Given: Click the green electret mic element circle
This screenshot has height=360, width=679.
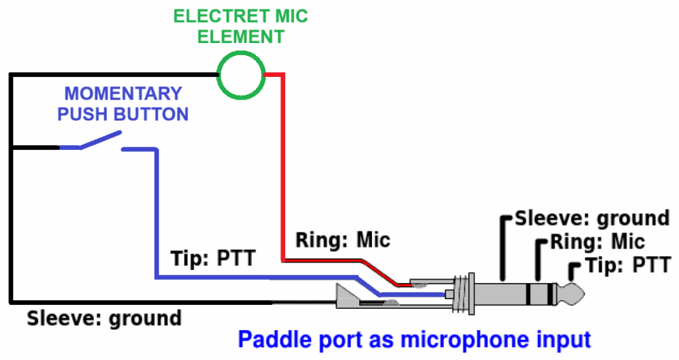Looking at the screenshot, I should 241,76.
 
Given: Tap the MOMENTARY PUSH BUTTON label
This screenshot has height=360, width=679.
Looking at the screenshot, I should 123,103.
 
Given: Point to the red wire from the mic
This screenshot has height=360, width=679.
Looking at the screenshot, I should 283,166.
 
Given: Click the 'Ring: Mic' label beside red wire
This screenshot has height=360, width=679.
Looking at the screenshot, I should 343,239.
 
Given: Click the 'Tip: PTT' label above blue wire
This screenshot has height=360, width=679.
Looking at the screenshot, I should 212,258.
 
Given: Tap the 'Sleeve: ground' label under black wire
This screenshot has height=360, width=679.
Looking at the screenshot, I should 104,318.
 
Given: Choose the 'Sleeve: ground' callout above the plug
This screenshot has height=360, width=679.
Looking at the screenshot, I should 592,218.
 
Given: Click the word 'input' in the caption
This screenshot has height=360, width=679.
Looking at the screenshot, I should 559,340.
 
